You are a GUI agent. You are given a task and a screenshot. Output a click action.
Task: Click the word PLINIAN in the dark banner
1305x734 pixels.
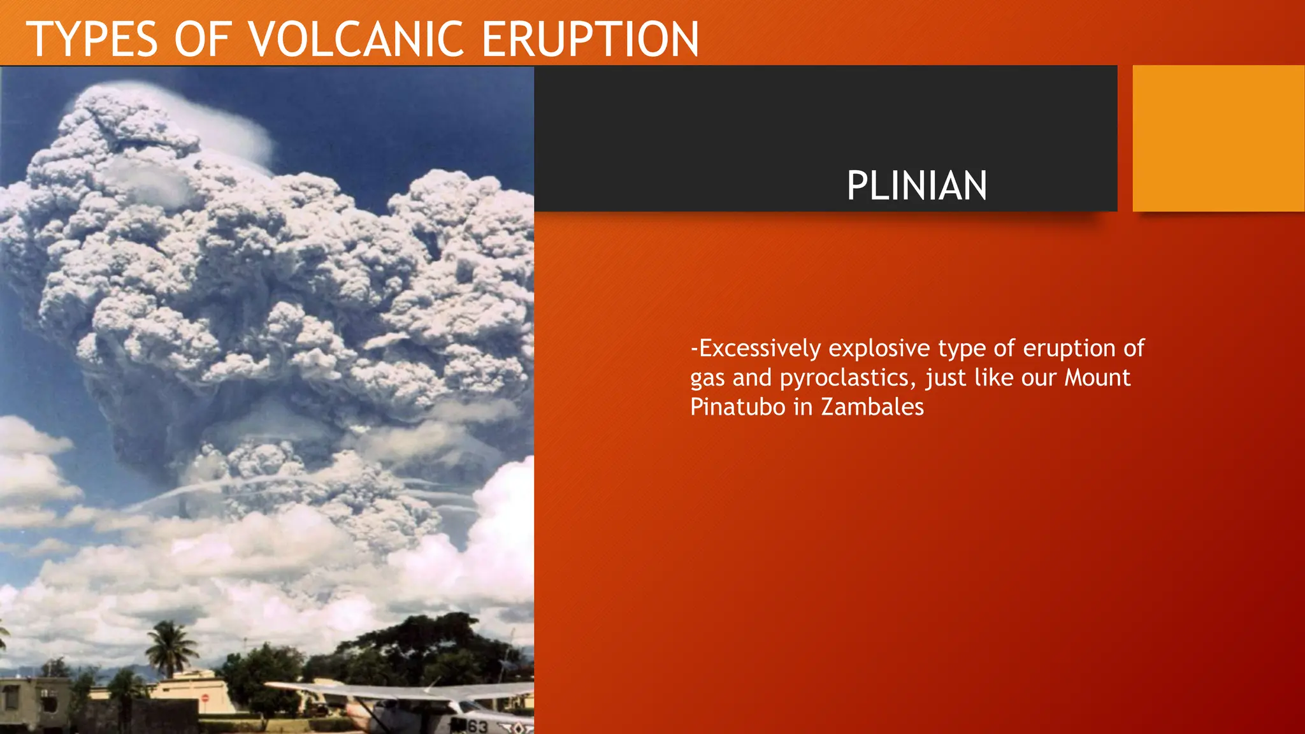[x=916, y=186]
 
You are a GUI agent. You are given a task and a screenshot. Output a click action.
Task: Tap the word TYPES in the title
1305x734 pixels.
[x=92, y=40]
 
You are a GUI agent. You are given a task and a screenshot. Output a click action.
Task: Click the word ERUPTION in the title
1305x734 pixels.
[x=590, y=40]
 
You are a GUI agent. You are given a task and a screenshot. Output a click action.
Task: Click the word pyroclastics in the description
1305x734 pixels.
[x=847, y=378]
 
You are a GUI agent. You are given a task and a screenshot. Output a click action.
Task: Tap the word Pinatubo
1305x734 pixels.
[x=738, y=407]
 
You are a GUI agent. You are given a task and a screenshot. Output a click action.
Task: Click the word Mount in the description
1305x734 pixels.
[x=1097, y=378]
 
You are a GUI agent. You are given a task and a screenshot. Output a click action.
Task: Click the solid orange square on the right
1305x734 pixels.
[x=1218, y=138]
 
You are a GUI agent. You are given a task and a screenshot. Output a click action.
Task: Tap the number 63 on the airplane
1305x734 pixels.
[x=477, y=726]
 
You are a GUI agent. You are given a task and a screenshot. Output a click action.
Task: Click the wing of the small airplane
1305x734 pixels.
[x=395, y=691]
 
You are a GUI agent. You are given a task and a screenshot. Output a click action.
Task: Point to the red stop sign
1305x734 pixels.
[x=205, y=698]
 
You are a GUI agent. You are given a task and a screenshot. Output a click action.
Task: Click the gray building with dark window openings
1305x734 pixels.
[x=32, y=704]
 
